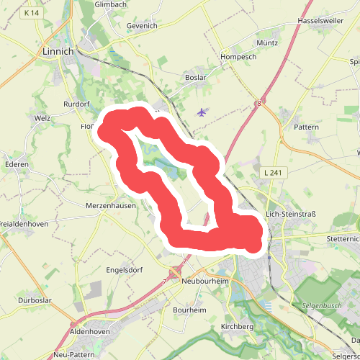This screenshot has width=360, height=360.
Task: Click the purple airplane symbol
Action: tap(201, 112)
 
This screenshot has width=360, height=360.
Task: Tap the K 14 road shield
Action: tap(31, 13)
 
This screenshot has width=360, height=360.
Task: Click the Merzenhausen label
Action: tap(110, 206)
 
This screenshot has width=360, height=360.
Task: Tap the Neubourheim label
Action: tap(205, 281)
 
